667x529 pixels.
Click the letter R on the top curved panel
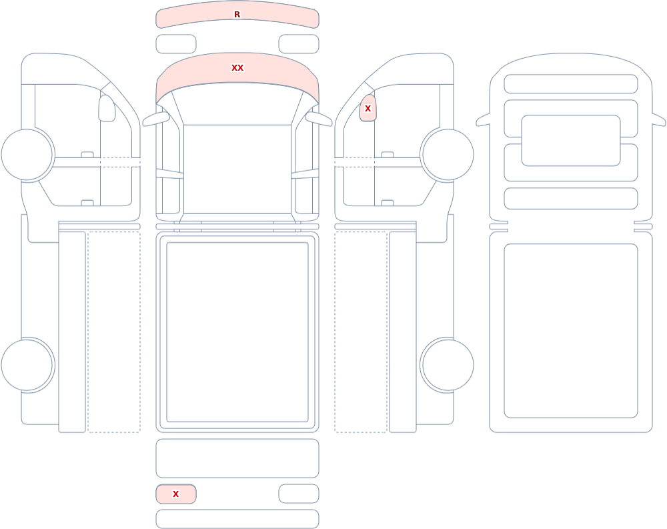[237, 15]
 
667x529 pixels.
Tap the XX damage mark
[237, 67]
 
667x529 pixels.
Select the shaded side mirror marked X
[368, 108]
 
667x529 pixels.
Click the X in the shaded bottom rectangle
[175, 494]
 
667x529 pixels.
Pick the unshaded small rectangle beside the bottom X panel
[299, 494]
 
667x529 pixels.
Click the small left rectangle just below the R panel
[176, 44]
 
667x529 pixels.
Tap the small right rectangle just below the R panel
[299, 44]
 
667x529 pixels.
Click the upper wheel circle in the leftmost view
[27, 155]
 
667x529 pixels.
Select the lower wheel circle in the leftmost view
[27, 365]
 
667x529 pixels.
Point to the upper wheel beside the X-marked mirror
[448, 155]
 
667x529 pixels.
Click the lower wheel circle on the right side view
[448, 365]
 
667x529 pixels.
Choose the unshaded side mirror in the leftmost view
[107, 108]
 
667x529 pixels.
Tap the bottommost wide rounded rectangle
[237, 519]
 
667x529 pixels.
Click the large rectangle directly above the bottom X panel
[237, 458]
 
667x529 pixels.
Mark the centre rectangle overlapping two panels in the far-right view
[571, 141]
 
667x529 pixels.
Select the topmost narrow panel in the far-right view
[571, 84]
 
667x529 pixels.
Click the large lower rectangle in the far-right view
[571, 331]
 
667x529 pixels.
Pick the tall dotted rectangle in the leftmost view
[114, 332]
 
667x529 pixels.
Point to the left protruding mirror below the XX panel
[155, 119]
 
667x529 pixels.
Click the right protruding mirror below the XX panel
[319, 119]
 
